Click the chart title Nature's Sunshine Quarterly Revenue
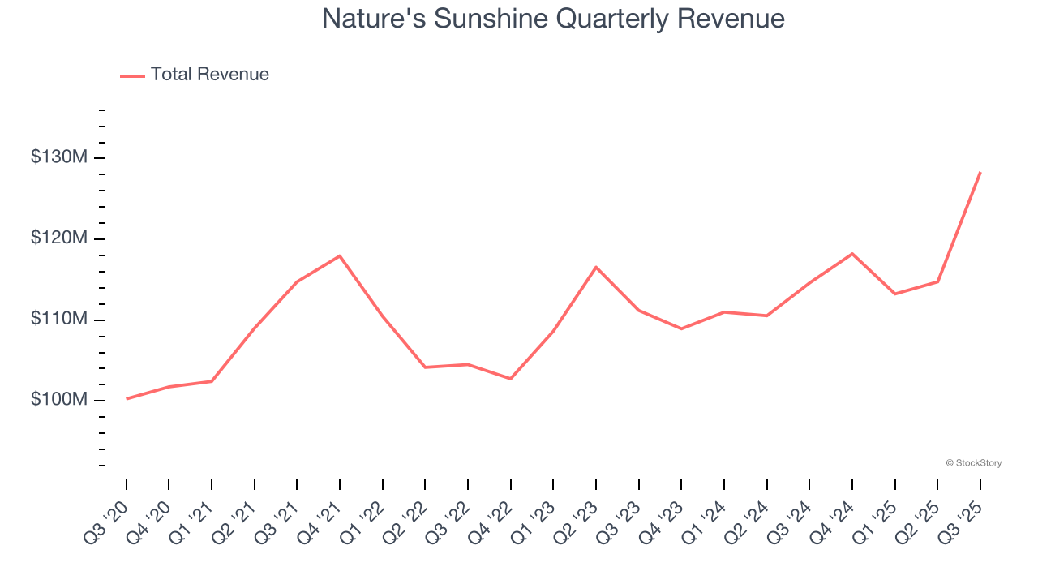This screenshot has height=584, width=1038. [553, 19]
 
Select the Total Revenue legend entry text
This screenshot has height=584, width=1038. [209, 75]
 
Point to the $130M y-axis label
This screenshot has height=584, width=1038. [58, 157]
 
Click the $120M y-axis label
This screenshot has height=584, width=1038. [58, 238]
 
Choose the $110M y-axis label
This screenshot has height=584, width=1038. [58, 319]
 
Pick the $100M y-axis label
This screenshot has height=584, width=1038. [58, 400]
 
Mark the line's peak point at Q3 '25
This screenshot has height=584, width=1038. [980, 172]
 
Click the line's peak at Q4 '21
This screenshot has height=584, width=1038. [340, 255]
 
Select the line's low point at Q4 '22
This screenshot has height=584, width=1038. [511, 379]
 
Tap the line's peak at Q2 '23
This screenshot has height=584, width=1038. [596, 267]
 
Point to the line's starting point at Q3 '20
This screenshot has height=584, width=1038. [127, 399]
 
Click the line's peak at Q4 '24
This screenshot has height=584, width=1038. [852, 253]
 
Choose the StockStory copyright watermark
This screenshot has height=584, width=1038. [973, 463]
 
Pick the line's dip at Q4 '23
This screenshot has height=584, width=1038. [681, 328]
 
